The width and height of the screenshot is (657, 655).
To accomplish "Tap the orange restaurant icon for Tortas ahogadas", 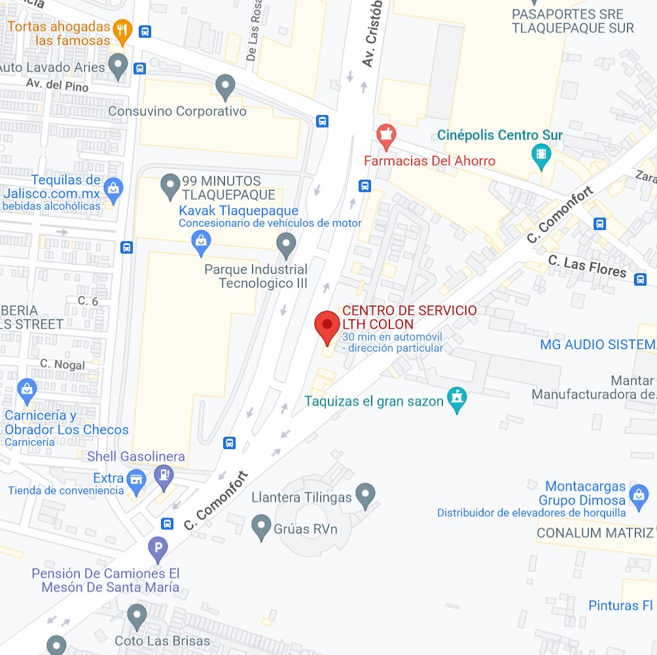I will [122, 29].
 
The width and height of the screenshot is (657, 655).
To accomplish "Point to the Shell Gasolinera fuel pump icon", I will [164, 476].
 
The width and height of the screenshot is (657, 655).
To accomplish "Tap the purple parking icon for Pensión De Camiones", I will [158, 548].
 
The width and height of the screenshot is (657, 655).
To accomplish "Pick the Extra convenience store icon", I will [136, 479].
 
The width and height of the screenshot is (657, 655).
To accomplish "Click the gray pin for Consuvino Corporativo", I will [225, 86].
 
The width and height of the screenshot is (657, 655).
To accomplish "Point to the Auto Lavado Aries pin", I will [118, 65].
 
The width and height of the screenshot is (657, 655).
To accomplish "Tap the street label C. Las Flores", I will [587, 267].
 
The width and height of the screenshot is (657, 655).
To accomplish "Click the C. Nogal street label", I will [63, 364].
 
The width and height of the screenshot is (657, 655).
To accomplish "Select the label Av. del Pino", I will [58, 85].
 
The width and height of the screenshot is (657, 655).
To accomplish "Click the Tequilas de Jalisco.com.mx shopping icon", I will [113, 188].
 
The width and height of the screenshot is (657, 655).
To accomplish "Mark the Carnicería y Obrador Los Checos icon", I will [27, 389].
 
